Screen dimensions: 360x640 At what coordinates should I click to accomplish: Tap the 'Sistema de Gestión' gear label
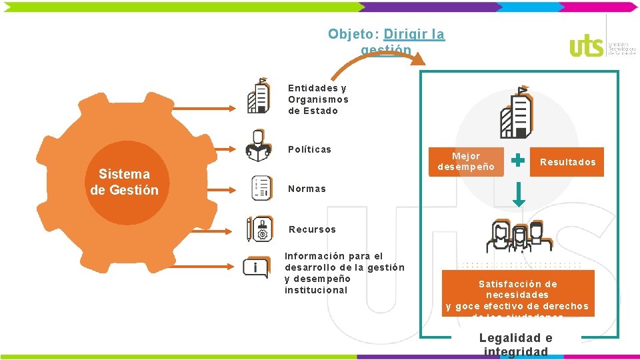click(x=124, y=182)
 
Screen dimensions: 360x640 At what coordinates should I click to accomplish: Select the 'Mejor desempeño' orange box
click(x=466, y=161)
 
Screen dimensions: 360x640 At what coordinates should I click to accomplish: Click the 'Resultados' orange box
click(x=567, y=162)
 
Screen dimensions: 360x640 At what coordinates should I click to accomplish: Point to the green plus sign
click(x=517, y=161)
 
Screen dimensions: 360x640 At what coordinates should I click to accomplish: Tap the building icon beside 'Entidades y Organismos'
click(x=259, y=97)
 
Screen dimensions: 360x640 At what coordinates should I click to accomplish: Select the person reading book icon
click(x=258, y=145)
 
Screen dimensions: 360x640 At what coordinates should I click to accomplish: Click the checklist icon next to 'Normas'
click(x=260, y=188)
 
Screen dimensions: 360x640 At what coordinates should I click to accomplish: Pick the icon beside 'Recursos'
click(x=259, y=229)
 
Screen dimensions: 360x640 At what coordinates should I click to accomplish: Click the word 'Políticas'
click(x=309, y=149)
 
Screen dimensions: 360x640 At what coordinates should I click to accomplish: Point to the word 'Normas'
click(x=307, y=189)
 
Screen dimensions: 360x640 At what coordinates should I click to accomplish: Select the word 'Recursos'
click(x=312, y=229)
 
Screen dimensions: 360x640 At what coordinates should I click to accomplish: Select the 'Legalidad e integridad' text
click(x=516, y=345)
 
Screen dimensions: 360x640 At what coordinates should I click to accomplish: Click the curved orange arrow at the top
click(x=380, y=57)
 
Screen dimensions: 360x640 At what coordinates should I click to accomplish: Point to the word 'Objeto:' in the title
click(x=353, y=34)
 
